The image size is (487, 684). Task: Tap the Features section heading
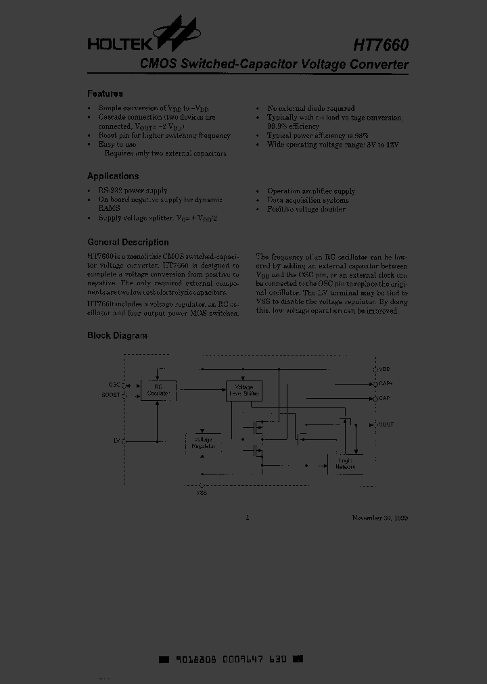point(105,94)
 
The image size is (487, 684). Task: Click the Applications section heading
point(113,176)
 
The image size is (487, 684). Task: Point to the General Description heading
point(128,243)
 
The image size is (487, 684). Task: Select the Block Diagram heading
point(117,336)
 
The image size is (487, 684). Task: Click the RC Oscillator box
point(158,390)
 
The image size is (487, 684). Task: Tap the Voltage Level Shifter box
point(243,390)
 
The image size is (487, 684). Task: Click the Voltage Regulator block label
point(204,443)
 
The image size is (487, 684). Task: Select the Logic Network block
point(345,464)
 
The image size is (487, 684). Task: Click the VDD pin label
point(385,370)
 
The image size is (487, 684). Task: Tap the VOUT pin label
point(386,424)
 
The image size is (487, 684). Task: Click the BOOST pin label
point(110,393)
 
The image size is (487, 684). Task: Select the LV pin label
point(117,440)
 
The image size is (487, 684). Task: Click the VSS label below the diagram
point(202,493)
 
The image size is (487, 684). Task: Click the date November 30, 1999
point(379,518)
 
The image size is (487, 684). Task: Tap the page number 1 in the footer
point(248,518)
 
